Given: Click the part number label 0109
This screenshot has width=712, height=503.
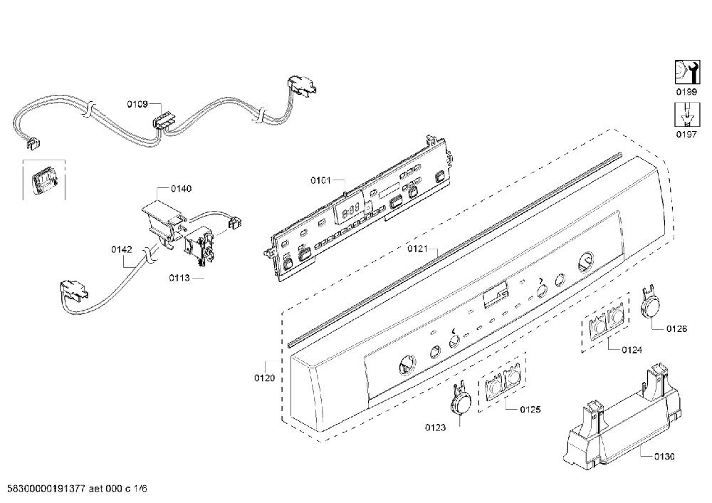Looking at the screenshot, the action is [137, 105].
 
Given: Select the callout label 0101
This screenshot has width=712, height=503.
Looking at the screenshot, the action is [320, 180].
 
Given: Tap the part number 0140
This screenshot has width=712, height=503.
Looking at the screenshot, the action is [181, 189].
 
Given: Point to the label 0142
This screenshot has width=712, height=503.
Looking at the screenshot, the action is [122, 249].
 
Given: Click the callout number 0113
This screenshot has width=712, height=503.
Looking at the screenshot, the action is [179, 278].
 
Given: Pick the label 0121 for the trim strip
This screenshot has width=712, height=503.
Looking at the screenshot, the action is [417, 249].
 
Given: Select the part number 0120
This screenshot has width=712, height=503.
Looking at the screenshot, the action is [264, 378].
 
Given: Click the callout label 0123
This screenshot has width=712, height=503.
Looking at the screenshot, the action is [435, 427].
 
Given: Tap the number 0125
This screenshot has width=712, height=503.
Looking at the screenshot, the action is [530, 410].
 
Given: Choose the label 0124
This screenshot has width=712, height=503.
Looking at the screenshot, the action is [632, 350].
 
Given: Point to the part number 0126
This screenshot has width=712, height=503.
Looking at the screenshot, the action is [676, 329].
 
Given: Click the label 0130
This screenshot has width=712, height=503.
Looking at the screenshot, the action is [664, 457].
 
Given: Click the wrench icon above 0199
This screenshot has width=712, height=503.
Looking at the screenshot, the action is [686, 72].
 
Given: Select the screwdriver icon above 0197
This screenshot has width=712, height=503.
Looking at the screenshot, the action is [686, 114].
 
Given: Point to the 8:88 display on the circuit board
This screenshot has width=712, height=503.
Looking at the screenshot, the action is [351, 212].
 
